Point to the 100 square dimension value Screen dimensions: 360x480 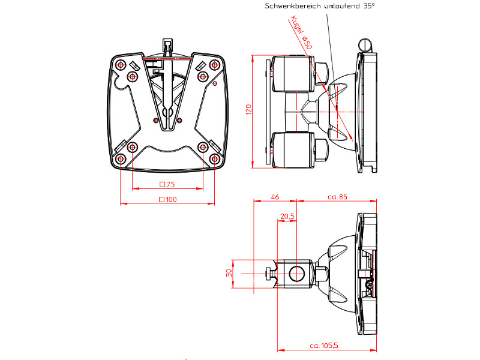(x=167, y=200)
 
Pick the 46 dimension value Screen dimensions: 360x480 (x=275, y=196)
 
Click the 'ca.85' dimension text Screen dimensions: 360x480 (x=337, y=196)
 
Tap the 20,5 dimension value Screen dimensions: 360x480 (x=287, y=216)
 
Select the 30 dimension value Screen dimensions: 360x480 (x=229, y=272)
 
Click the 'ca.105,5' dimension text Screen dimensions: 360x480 (x=325, y=346)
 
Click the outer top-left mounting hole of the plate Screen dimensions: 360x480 (x=121, y=65)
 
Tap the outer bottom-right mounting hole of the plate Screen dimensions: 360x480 (x=215, y=158)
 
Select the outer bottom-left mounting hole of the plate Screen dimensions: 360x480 (x=121, y=158)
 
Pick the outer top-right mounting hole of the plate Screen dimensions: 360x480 (x=215, y=65)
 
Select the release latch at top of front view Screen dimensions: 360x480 (x=167, y=47)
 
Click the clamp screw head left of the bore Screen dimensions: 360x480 (x=268, y=275)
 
